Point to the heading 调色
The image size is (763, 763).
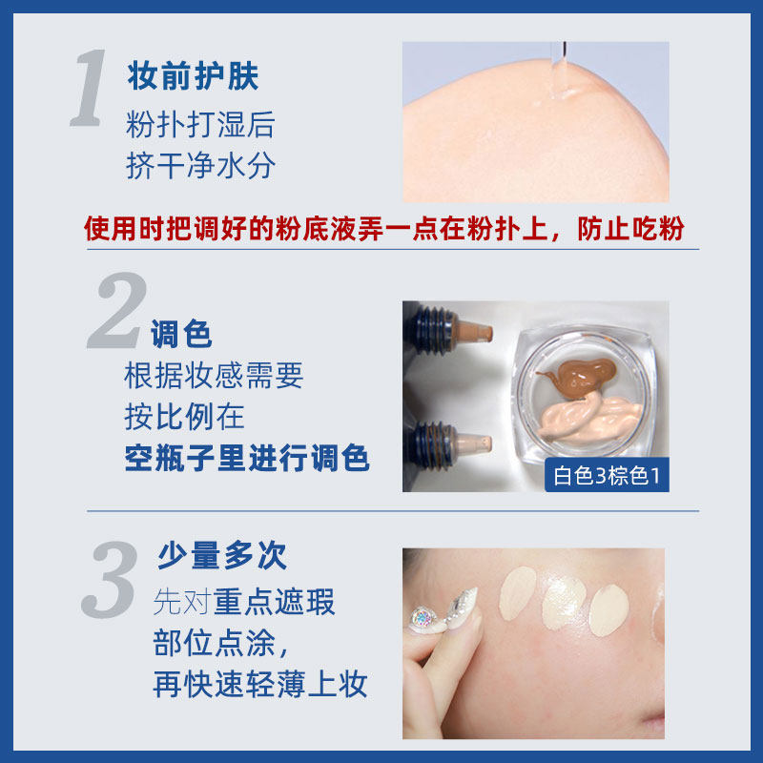180,334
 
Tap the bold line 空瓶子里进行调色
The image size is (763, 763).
247,459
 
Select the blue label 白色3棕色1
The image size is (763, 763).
607,475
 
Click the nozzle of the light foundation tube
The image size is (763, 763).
477,443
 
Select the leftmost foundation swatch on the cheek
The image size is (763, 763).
520,590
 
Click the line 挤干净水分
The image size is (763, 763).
200,166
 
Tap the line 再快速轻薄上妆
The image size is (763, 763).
260,684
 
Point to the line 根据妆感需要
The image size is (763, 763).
214,376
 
